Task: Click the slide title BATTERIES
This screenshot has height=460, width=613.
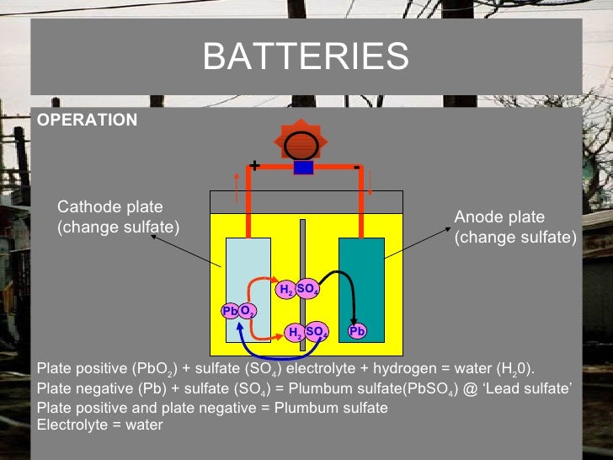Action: pyautogui.click(x=306, y=57)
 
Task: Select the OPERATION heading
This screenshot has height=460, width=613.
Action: pyautogui.click(x=87, y=120)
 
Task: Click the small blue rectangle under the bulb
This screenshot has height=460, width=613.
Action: pyautogui.click(x=303, y=168)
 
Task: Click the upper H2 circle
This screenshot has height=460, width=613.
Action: pyautogui.click(x=286, y=291)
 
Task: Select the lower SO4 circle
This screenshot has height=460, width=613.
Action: pyautogui.click(x=317, y=332)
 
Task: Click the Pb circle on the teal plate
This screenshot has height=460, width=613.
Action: pyautogui.click(x=358, y=332)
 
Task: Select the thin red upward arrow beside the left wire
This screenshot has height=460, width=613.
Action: pyautogui.click(x=237, y=185)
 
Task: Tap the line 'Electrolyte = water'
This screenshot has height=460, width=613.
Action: pyautogui.click(x=100, y=425)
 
